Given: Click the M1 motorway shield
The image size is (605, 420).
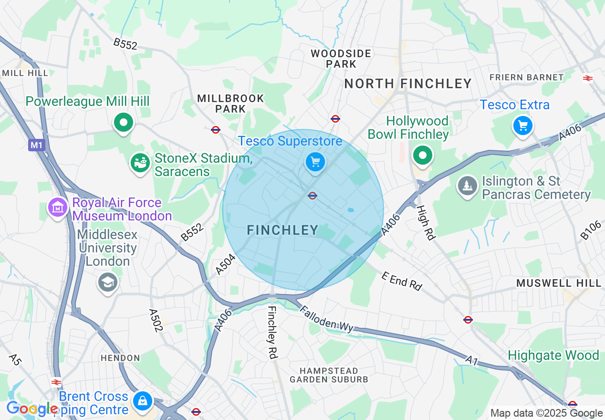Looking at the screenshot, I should (x=36, y=145).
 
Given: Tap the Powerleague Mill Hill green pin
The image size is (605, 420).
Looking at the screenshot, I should (x=124, y=123).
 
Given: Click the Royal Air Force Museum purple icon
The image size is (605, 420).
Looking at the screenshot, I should (x=58, y=208).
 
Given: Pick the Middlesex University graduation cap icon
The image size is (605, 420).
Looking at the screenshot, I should (x=108, y=283).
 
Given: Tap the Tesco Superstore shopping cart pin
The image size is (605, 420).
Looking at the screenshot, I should (x=315, y=163).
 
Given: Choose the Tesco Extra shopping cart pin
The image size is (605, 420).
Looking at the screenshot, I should (x=523, y=126).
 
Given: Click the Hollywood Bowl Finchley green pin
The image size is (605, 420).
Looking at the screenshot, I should (x=422, y=155).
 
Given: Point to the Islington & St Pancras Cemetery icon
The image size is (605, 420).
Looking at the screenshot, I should (x=468, y=185).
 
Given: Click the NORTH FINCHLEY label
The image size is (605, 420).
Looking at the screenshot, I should (x=408, y=84).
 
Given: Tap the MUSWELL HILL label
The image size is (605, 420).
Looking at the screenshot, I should (x=559, y=283).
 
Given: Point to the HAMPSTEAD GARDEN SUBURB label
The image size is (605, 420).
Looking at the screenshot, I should (x=329, y=375).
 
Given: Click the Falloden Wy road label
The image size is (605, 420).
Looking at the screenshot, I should (x=327, y=318).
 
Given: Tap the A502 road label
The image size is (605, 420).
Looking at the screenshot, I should (x=156, y=320).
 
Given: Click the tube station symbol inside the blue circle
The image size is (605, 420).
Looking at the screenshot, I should (x=313, y=195).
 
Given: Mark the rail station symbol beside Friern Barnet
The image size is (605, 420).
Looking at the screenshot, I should (x=587, y=78).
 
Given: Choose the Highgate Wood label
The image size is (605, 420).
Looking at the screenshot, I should (x=553, y=356).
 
